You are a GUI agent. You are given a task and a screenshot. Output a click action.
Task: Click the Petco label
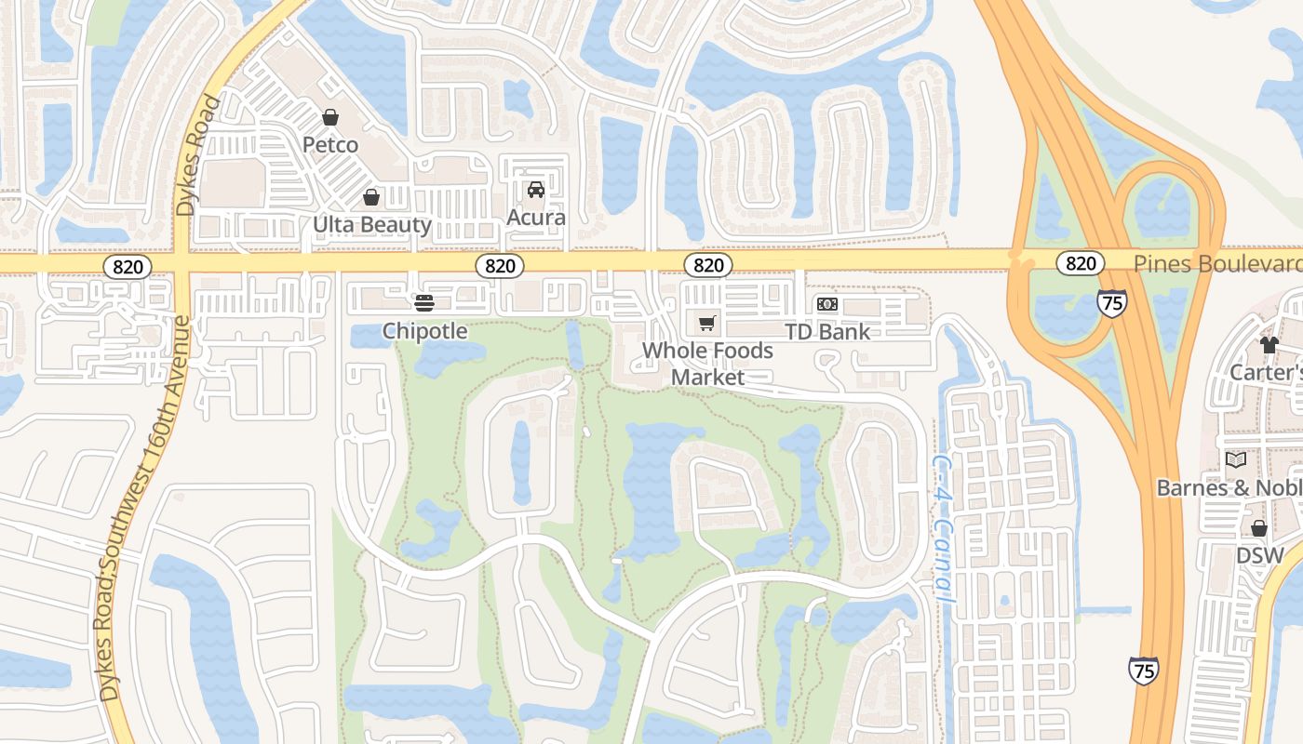click(x=330, y=145)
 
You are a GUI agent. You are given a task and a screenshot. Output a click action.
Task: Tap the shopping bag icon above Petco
click(x=329, y=117)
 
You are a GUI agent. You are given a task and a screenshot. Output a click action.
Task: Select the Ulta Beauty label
click(x=371, y=224)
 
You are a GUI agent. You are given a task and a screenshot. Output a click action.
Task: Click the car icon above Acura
click(x=536, y=190)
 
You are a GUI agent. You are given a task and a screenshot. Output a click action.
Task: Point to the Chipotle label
click(x=424, y=331)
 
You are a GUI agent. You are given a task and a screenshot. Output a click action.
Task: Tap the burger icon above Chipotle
click(x=424, y=302)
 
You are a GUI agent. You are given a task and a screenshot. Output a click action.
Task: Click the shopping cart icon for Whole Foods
click(x=707, y=323)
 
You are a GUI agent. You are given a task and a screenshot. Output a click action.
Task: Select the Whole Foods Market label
click(x=707, y=364)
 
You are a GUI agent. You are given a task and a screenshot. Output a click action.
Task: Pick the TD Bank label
click(x=827, y=331)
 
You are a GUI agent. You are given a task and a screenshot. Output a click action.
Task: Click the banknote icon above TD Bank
click(x=826, y=304)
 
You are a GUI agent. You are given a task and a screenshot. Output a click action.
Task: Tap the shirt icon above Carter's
click(x=1269, y=345)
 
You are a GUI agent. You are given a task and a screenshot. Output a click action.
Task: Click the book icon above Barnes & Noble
click(x=1235, y=459)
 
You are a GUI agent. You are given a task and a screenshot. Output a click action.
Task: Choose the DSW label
click(x=1259, y=556)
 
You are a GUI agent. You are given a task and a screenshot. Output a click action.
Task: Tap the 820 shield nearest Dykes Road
click(x=128, y=267)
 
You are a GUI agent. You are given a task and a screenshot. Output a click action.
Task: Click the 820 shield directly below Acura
click(x=500, y=266)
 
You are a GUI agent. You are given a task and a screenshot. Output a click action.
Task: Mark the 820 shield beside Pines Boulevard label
click(x=1080, y=263)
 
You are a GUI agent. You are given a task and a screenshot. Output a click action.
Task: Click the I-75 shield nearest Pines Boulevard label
click(x=1111, y=302)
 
